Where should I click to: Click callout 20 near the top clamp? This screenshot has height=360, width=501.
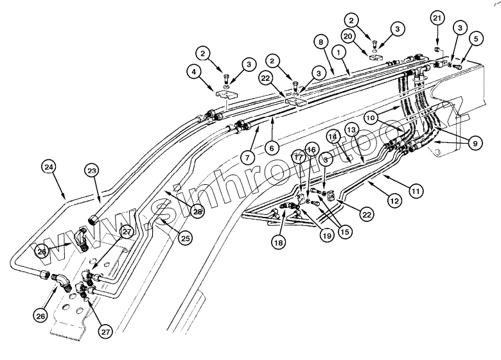[x=367, y=37]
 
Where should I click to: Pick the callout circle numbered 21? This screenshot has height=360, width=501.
[x=437, y=19]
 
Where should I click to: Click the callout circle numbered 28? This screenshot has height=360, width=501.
[x=197, y=210]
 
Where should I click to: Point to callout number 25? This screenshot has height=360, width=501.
[x=185, y=239]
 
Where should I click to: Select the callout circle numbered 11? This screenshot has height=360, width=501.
[x=416, y=190]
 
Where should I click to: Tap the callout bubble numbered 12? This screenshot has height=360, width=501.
[x=394, y=201]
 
